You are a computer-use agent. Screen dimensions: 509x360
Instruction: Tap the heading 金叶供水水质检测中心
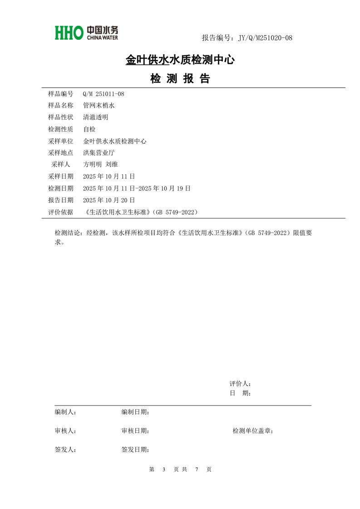[180, 59]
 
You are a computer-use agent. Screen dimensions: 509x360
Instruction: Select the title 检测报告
[180, 79]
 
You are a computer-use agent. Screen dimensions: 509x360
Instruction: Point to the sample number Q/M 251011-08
[104, 94]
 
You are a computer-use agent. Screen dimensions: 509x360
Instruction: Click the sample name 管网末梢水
[99, 105]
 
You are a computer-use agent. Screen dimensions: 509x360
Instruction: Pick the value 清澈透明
[96, 117]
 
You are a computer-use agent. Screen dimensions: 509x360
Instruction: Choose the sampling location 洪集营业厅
[99, 153]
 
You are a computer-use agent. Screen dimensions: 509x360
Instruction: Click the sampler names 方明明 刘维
[101, 164]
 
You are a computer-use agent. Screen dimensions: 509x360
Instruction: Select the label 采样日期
[60, 176]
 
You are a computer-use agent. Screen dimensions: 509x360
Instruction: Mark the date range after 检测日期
[137, 188]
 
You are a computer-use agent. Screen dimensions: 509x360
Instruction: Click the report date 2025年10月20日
[109, 200]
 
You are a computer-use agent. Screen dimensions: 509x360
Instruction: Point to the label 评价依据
[60, 211]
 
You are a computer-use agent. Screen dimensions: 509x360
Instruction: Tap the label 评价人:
[240, 384]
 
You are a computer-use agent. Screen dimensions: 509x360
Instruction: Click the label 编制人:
[65, 412]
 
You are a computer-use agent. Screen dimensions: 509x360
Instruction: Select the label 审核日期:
[135, 431]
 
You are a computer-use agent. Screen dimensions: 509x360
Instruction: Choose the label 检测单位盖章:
[252, 431]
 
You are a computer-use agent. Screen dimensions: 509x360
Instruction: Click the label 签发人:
[65, 450]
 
